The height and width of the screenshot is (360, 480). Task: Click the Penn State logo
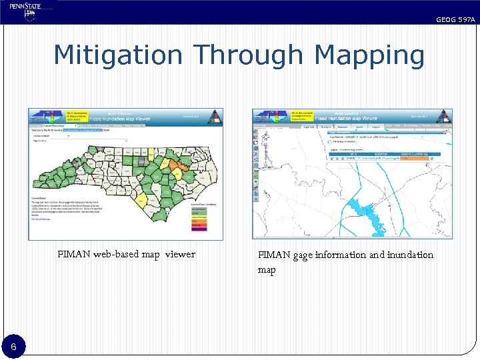tap(25, 11)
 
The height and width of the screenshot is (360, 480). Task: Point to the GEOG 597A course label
tap(455, 20)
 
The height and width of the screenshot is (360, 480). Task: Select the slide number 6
tap(13, 347)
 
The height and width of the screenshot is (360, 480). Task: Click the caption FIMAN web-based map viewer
tap(127, 254)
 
